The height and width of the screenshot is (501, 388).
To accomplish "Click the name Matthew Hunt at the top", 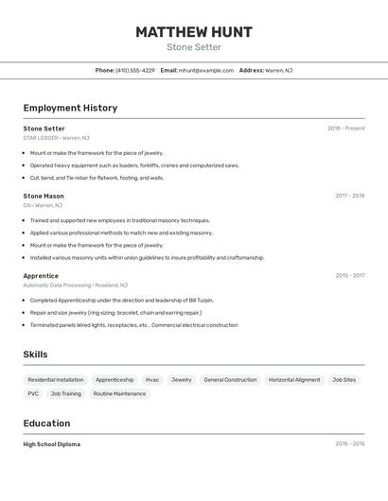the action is pyautogui.click(x=193, y=32).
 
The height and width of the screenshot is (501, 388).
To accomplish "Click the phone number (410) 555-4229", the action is pyautogui.click(x=135, y=70).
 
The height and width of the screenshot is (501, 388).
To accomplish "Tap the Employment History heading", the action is pyautogui.click(x=70, y=108).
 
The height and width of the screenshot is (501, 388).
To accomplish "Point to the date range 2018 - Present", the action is pyautogui.click(x=345, y=129).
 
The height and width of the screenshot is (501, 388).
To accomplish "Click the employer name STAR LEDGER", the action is pyautogui.click(x=41, y=138).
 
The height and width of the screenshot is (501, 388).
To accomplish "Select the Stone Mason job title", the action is pyautogui.click(x=44, y=196).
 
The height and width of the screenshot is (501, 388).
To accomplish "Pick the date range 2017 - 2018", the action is pyautogui.click(x=349, y=196).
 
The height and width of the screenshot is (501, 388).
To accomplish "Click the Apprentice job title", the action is pyautogui.click(x=41, y=276).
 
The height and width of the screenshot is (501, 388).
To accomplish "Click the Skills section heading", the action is pyautogui.click(x=35, y=354).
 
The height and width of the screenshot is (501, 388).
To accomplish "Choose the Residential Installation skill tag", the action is pyautogui.click(x=56, y=380).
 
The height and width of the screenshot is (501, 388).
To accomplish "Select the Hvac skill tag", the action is pyautogui.click(x=152, y=380).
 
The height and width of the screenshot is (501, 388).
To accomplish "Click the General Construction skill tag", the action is pyautogui.click(x=230, y=380).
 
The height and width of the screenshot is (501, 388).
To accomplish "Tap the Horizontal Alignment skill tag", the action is pyautogui.click(x=294, y=380).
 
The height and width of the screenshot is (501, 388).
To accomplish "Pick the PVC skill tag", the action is pyautogui.click(x=33, y=393).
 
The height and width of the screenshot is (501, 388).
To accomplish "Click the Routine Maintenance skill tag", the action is pyautogui.click(x=119, y=393).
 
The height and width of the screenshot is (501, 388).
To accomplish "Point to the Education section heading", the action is pyautogui.click(x=46, y=423).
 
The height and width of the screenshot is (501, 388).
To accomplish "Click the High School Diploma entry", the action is pyautogui.click(x=52, y=444).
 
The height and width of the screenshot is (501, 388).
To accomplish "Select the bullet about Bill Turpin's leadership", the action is pyautogui.click(x=121, y=300).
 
